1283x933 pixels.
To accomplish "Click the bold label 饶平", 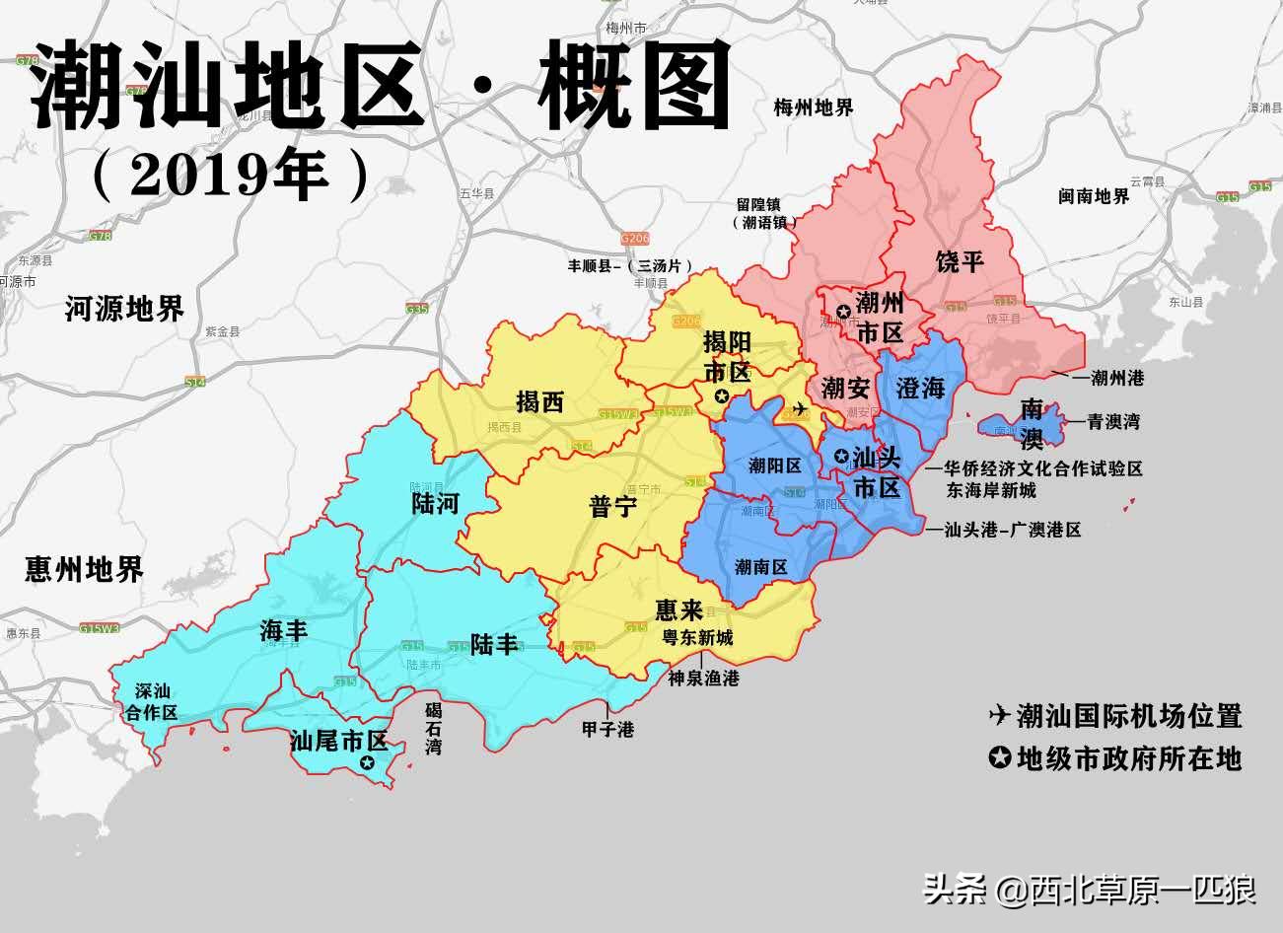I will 960,261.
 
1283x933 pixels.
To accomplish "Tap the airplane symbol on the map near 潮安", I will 799,408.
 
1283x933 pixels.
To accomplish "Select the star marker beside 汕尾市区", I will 367,761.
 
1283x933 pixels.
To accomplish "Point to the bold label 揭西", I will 539,401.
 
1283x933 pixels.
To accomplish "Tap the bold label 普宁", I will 613,506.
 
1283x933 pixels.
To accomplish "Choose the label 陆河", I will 435,504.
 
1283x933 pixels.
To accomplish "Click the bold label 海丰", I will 284,630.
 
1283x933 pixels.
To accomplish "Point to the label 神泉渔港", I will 703,678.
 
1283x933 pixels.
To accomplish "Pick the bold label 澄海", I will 920,388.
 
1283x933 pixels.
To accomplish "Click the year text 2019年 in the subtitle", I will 229,176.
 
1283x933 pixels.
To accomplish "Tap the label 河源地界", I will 124,309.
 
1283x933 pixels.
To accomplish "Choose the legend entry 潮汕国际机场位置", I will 1128,715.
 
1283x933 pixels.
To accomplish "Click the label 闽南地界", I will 1094,196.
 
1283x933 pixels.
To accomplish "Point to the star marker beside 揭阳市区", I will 721,396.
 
